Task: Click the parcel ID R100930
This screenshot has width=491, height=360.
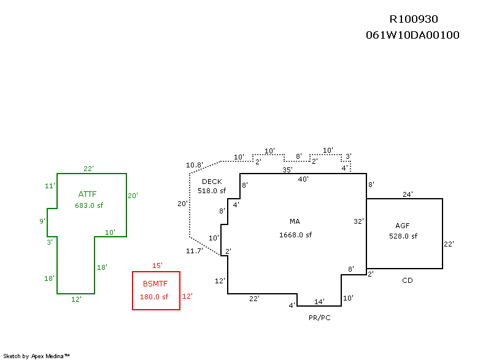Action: [x=414, y=20]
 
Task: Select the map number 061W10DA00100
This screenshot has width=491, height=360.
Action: [x=412, y=35]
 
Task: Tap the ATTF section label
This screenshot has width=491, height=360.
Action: [x=88, y=194]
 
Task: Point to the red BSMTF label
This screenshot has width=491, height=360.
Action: [x=155, y=284]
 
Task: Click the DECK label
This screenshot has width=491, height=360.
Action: [x=212, y=182]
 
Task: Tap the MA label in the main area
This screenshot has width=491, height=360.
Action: [x=295, y=221]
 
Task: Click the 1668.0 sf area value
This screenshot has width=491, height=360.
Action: [x=295, y=235]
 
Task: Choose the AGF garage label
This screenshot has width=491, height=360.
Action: [x=403, y=226]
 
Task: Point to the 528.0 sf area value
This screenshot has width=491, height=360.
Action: [x=403, y=236]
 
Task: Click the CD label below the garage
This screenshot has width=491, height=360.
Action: [x=407, y=280]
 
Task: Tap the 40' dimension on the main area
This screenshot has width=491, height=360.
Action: [x=303, y=179]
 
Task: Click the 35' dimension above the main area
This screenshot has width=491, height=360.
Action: [x=287, y=169]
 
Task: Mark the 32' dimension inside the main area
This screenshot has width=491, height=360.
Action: [x=359, y=221]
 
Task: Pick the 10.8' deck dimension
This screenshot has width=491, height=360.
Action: [x=195, y=165]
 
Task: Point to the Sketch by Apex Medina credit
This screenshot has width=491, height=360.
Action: [x=36, y=356]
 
